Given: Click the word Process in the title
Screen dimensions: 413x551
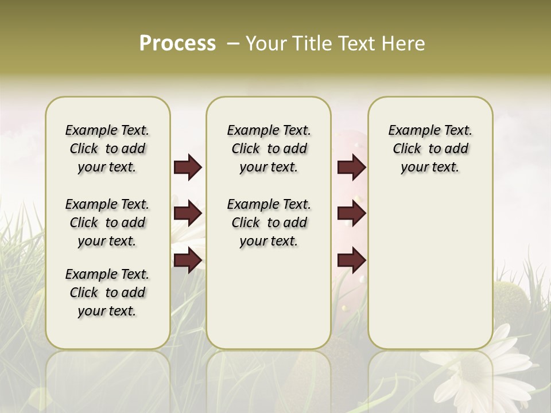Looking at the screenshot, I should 177,44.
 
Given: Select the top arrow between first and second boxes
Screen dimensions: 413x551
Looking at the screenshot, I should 188,167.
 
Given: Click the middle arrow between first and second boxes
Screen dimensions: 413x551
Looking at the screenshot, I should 188,213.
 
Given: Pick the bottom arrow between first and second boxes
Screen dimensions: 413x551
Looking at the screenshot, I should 188,260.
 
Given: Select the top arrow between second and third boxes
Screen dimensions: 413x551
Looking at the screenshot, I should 352,167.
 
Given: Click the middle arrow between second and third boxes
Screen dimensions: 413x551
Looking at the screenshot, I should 352,213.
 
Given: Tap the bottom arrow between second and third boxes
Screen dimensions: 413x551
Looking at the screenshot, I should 352,260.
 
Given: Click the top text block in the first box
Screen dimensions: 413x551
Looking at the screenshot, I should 107,149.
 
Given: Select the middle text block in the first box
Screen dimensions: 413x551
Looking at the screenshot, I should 107,223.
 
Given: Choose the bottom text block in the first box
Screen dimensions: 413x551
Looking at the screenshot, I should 107,293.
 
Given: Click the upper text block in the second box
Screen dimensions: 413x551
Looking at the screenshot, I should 269,149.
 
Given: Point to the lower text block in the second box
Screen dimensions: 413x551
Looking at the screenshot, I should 269,223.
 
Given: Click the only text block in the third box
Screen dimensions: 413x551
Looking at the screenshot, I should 430,149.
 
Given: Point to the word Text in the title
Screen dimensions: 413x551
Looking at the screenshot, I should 358,44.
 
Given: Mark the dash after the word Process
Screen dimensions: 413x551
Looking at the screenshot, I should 233,44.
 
